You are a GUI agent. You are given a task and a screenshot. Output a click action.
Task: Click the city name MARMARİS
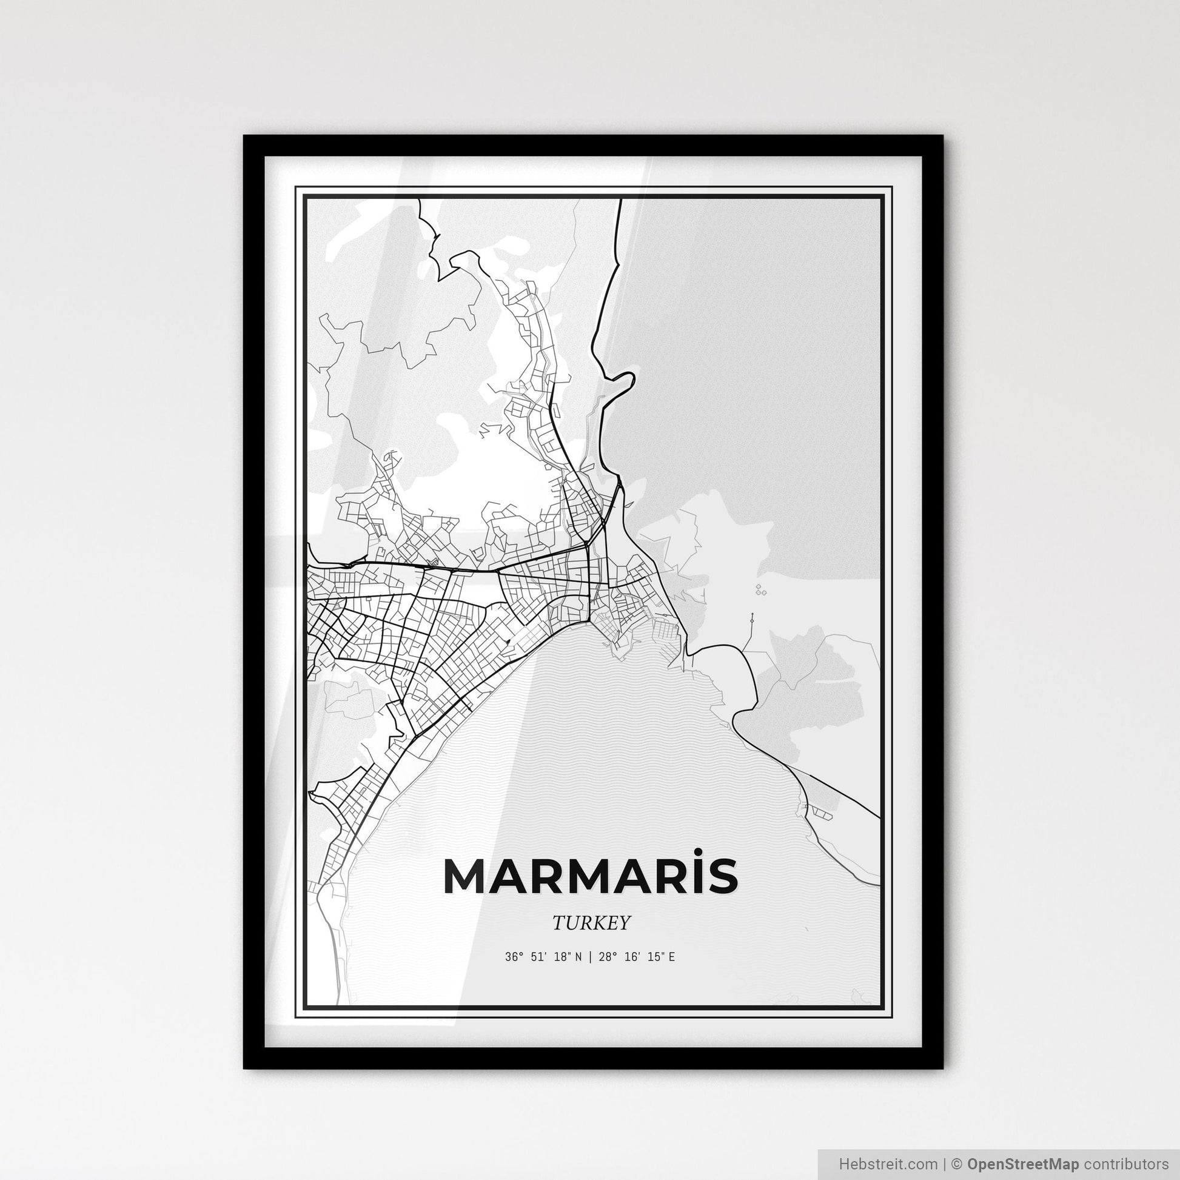(x=590, y=876)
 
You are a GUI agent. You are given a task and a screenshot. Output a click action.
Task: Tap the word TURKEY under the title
(x=590, y=923)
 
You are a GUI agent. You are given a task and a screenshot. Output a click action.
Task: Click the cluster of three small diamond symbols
(x=760, y=589)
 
